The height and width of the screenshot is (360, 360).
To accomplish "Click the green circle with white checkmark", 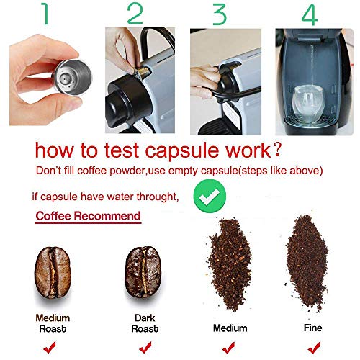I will [x=209, y=193].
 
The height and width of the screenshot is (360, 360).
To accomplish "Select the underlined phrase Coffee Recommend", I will [x=88, y=216].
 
